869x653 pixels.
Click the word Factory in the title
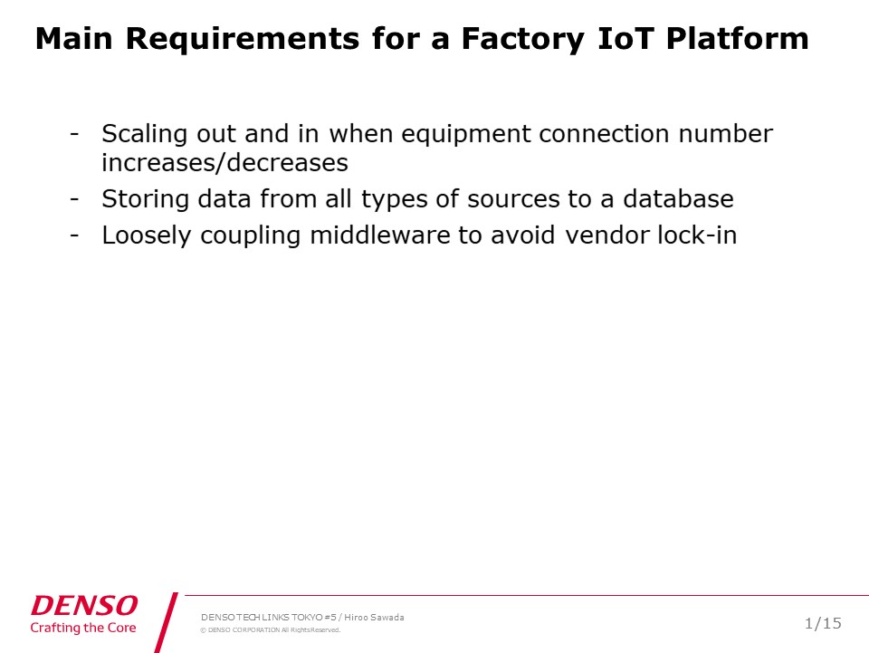pyautogui.click(x=522, y=40)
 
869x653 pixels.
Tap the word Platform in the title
pyautogui.click(x=738, y=39)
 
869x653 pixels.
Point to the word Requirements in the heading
pyautogui.click(x=243, y=40)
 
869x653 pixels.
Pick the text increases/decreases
pyautogui.click(x=224, y=162)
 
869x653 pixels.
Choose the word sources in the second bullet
pyautogui.click(x=513, y=199)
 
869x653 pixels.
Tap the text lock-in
pyautogui.click(x=697, y=235)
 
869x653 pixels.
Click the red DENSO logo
pyautogui.click(x=84, y=605)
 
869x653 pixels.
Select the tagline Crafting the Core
pyautogui.click(x=83, y=628)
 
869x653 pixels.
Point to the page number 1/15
pyautogui.click(x=823, y=624)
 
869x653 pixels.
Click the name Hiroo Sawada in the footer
pyautogui.click(x=374, y=618)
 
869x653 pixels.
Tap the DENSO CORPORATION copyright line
pyautogui.click(x=271, y=630)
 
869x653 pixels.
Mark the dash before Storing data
pyautogui.click(x=74, y=199)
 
